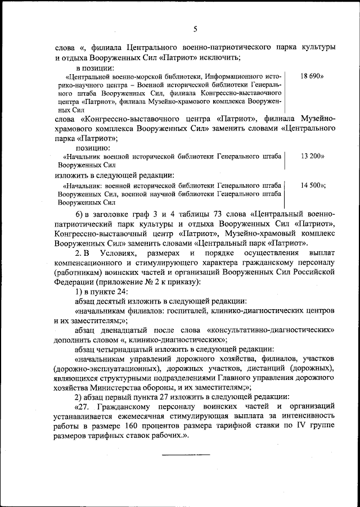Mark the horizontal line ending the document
pos(186,454)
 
